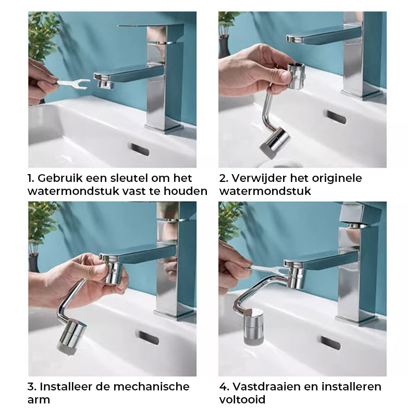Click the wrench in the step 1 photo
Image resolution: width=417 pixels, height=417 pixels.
72,83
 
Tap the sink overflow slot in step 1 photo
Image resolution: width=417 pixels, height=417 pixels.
139,150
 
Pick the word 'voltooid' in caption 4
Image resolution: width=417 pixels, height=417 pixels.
242,399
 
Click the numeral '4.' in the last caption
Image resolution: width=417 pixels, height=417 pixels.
225,387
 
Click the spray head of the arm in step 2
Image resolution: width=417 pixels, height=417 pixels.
275,143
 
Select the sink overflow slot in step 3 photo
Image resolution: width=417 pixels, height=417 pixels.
149,338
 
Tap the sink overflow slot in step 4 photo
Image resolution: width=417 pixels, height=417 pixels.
330,342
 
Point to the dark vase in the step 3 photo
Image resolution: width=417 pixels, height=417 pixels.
33,263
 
